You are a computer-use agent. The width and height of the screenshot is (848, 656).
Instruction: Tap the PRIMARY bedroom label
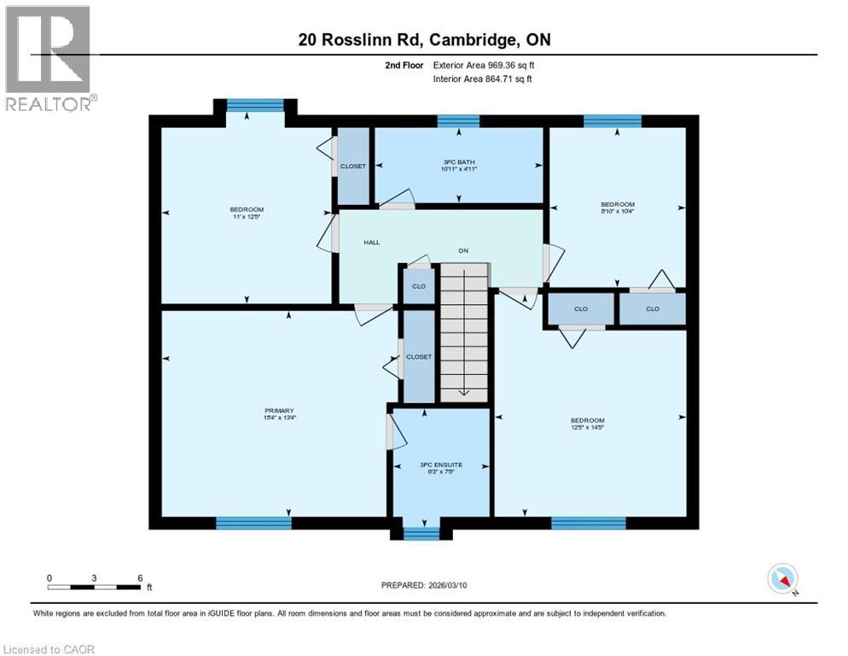279,411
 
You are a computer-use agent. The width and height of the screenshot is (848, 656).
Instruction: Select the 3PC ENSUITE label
441,465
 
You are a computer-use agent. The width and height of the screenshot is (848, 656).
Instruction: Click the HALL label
372,243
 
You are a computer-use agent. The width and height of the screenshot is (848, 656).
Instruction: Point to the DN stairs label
463,251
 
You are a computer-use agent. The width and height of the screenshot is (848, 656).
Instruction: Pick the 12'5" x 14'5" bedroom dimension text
587,429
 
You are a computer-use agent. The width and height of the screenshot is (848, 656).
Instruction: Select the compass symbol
782,579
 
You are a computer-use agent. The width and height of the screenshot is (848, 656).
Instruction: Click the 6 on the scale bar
140,577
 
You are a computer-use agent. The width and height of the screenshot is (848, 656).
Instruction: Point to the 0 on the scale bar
49,577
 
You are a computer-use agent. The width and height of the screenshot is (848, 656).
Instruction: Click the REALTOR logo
49,58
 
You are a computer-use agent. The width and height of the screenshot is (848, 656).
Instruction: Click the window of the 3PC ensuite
419,534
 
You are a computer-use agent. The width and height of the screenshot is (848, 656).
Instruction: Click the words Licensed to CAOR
49,649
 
